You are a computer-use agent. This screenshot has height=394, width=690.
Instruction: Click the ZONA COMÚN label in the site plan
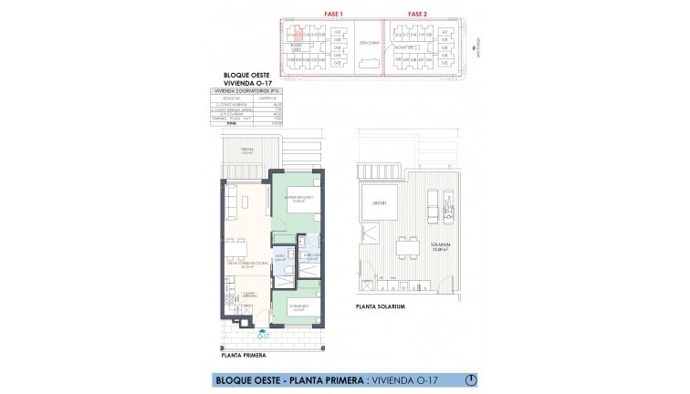pyautogui.click(x=369, y=43)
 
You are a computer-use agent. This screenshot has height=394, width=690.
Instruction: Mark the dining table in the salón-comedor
pyautogui.click(x=233, y=249)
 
